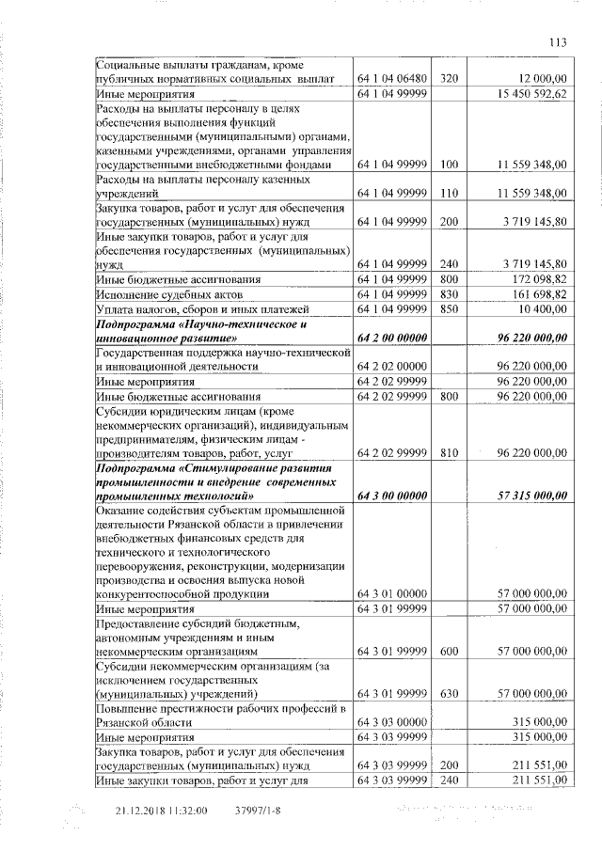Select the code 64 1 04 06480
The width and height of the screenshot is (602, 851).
[391, 80]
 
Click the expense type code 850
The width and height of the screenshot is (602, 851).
[448, 308]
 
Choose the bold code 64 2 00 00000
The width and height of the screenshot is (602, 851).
[391, 337]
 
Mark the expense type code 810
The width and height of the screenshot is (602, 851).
[448, 453]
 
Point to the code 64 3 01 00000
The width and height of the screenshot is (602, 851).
[391, 593]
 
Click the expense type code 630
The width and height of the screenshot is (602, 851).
[448, 693]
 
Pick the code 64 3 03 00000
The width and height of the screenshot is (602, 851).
[391, 721]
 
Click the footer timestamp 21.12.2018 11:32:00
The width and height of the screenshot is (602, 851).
[161, 811]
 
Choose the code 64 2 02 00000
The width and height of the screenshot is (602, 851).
[391, 366]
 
